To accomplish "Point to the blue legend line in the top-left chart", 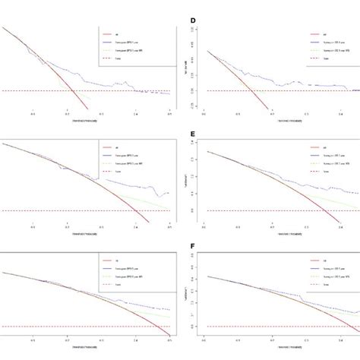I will (x=107, y=44).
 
